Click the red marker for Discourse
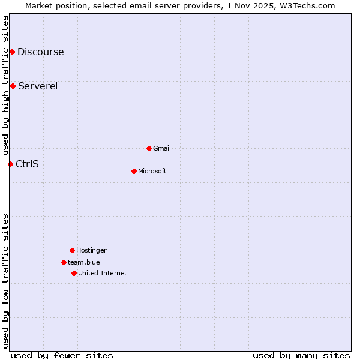[12, 52]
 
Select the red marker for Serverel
[13, 86]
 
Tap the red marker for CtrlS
[10, 164]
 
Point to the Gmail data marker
[149, 148]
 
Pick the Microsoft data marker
[134, 171]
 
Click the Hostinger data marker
[72, 250]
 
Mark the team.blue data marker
[64, 262]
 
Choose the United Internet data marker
[74, 273]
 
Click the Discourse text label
[40, 52]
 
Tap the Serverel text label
[38, 86]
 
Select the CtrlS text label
[27, 164]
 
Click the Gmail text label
[162, 148]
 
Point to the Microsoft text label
[152, 171]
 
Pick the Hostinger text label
[91, 250]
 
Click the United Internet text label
[102, 273]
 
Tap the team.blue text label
[84, 262]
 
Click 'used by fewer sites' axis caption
[62, 355]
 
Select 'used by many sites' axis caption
[301, 355]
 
